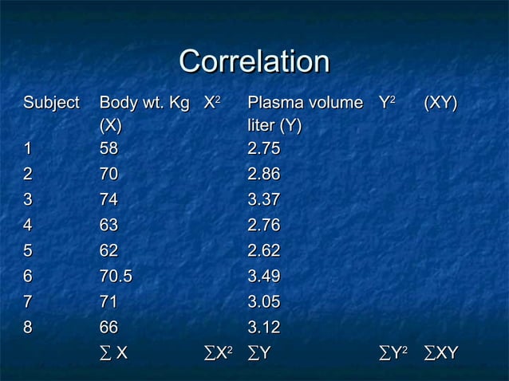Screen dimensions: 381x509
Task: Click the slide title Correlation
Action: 254,62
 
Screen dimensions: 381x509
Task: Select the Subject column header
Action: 51,103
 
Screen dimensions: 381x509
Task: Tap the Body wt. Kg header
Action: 144,103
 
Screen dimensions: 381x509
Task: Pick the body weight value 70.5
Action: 115,277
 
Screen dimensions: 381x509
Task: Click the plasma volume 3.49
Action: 264,277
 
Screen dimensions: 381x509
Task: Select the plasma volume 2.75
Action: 264,149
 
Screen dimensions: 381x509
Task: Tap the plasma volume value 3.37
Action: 264,200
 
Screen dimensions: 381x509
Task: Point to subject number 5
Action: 28,251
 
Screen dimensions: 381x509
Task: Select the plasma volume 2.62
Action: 264,251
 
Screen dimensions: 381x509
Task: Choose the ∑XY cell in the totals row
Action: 442,352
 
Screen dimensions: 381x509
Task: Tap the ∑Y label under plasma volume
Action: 260,352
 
